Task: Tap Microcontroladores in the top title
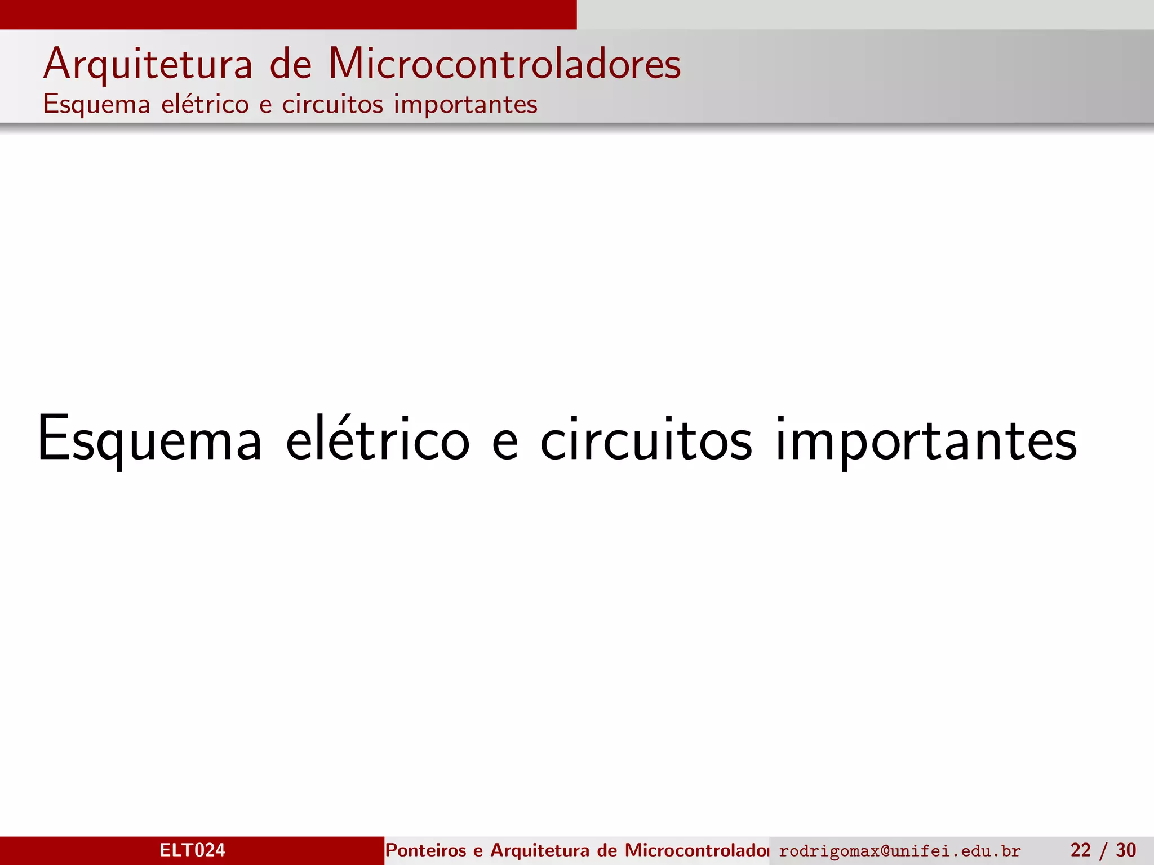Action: tap(504, 64)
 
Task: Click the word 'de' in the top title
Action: tap(290, 64)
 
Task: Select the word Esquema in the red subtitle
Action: tap(96, 105)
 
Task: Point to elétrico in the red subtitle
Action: tap(205, 104)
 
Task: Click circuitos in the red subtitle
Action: tap(332, 104)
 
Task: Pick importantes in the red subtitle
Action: tap(465, 105)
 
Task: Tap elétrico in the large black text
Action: tap(378, 439)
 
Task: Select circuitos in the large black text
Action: tap(646, 439)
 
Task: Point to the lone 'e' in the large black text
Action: tap(505, 442)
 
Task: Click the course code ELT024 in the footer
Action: tap(192, 850)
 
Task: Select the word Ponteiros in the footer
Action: tap(425, 850)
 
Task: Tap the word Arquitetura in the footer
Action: tap(540, 850)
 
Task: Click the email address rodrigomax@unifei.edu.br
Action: tap(899, 851)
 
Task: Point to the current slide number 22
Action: tap(1080, 850)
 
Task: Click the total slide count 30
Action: tap(1126, 850)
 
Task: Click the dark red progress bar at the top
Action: tap(288, 14)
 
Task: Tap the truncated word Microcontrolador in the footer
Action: tap(696, 850)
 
